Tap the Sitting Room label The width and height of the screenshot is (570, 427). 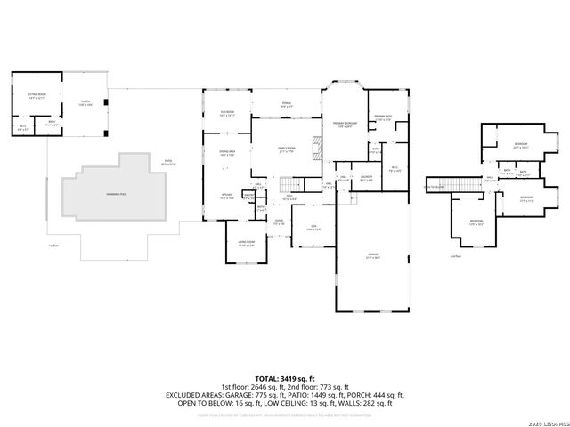[37, 94]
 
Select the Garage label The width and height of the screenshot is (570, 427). [372, 255]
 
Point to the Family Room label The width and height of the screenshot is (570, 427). [287, 149]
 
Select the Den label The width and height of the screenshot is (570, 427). [308, 229]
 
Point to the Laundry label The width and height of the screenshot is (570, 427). [365, 177]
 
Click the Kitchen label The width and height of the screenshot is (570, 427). [226, 196]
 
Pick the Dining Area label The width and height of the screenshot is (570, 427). [226, 153]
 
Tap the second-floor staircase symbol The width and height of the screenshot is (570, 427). [459, 185]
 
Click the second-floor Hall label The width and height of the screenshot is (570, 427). [487, 180]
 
